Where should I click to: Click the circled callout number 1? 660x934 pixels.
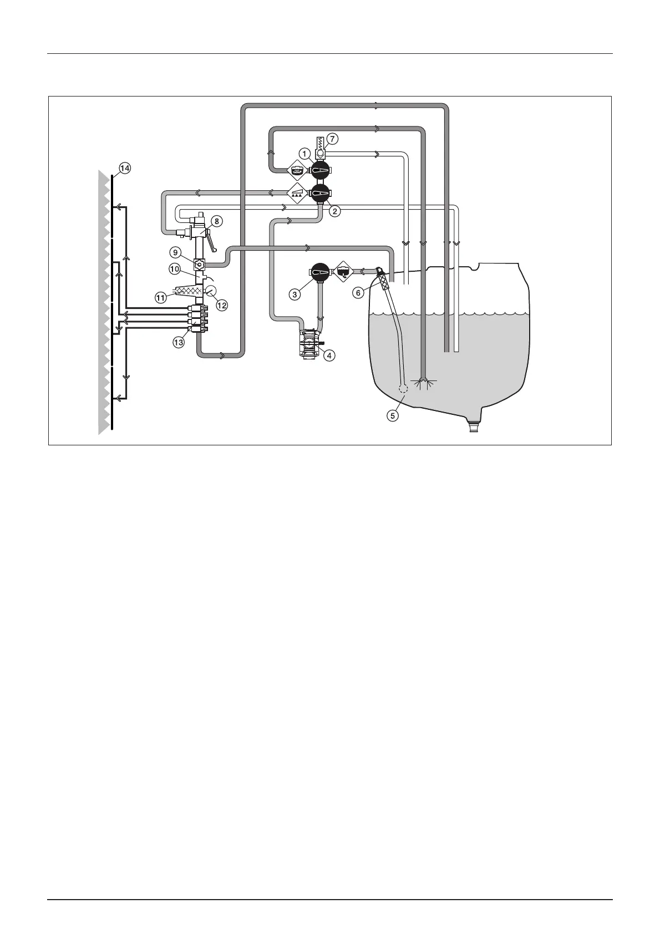tap(303, 153)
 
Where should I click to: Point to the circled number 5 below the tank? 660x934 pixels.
tap(393, 415)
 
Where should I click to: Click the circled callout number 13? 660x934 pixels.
tap(179, 343)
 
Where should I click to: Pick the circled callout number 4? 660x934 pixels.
tap(329, 355)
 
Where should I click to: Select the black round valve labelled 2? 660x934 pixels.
tap(321, 194)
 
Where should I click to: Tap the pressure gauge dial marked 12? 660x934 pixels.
tap(211, 290)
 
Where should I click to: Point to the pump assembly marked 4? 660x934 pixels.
tap(309, 343)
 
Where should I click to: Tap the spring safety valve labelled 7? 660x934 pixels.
tap(321, 148)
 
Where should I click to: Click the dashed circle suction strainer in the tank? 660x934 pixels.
tap(403, 388)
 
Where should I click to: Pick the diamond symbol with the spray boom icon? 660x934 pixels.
tap(298, 194)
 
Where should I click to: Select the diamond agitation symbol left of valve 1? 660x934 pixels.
tap(297, 169)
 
